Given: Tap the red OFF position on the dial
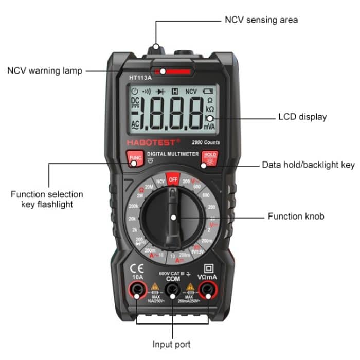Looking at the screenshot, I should (x=173, y=179).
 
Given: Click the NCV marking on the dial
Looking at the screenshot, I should (x=160, y=182).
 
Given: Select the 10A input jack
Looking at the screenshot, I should (x=137, y=292).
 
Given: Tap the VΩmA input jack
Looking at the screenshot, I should (x=208, y=292).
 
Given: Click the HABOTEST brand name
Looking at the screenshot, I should (x=154, y=141).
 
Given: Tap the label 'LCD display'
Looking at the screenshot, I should (x=302, y=117).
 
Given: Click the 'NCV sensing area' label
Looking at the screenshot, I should (x=261, y=20).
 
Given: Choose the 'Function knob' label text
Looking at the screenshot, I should (x=296, y=217).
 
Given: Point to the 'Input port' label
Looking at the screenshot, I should (x=172, y=344).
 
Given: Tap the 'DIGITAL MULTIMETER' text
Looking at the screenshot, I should (x=172, y=154).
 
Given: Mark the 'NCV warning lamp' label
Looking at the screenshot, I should (x=44, y=71).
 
